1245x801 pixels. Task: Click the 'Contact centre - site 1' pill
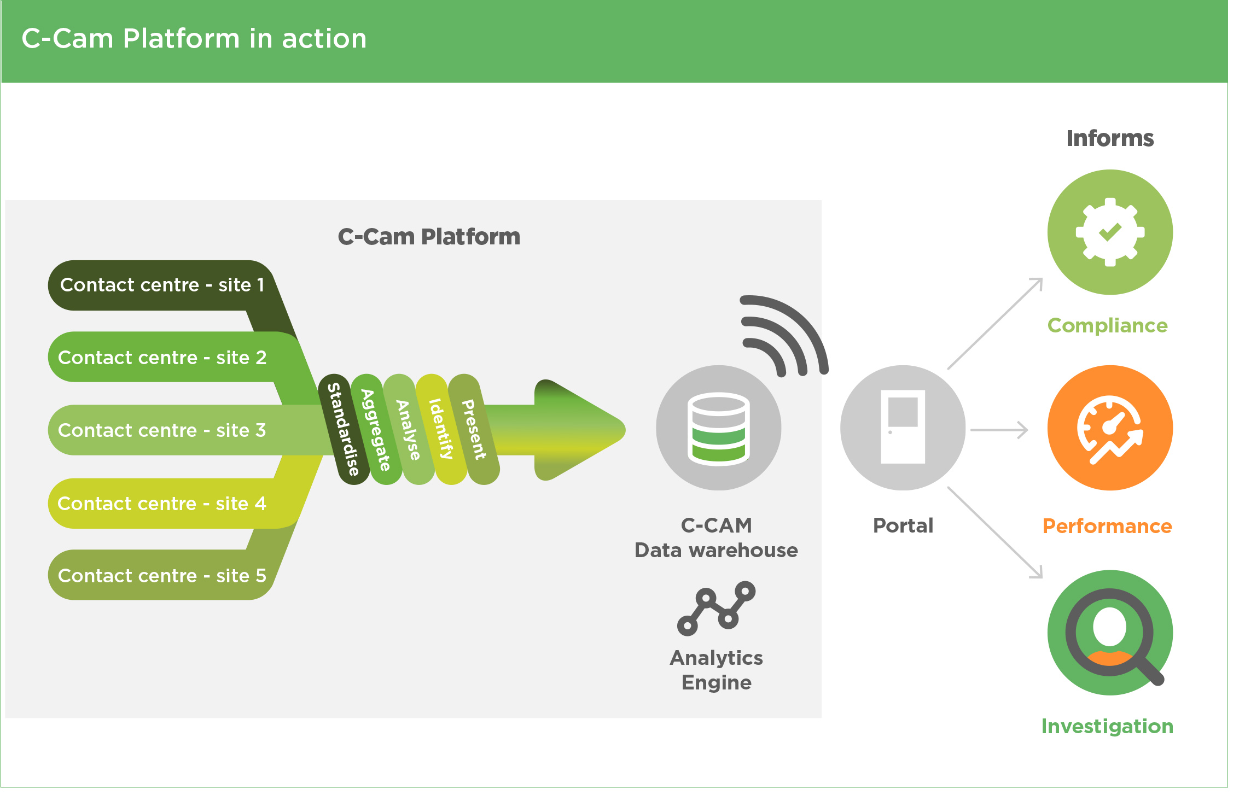[x=161, y=285]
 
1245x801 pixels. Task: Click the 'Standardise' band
[x=343, y=429]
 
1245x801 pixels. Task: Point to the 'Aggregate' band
[x=376, y=429]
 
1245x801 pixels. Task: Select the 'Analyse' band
[x=408, y=429]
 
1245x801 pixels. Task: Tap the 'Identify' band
[x=441, y=429]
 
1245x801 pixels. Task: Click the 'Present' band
[x=474, y=429]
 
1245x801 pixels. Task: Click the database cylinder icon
[x=719, y=429]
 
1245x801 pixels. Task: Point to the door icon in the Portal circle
[x=903, y=427]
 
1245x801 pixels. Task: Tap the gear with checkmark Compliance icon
[x=1110, y=232]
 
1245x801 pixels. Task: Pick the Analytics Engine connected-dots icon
[x=716, y=609]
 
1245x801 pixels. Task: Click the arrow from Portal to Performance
[x=999, y=430]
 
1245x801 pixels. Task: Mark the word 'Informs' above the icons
[x=1110, y=139]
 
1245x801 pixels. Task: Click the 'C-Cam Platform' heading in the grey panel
[x=429, y=237]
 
